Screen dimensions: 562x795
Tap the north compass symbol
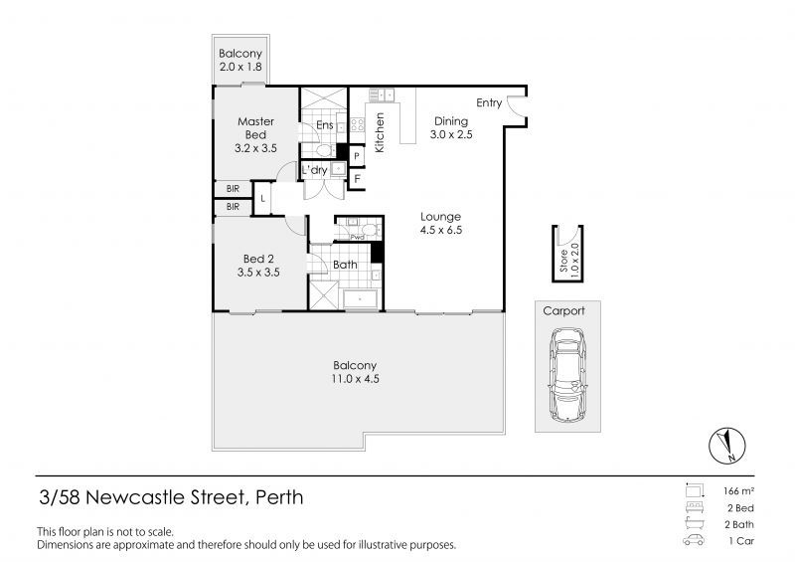coord(727,445)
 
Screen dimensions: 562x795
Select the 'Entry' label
coord(488,102)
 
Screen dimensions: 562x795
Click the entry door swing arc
coord(516,104)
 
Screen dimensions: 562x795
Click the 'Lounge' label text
coord(440,216)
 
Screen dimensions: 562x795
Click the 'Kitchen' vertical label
coord(380,132)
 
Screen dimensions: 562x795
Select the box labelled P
coord(356,157)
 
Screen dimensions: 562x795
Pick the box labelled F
coord(356,180)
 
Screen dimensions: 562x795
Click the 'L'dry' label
coord(314,170)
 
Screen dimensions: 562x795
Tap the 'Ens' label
coord(324,125)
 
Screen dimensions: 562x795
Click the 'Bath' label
coord(345,265)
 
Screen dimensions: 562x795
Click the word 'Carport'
coord(563,310)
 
